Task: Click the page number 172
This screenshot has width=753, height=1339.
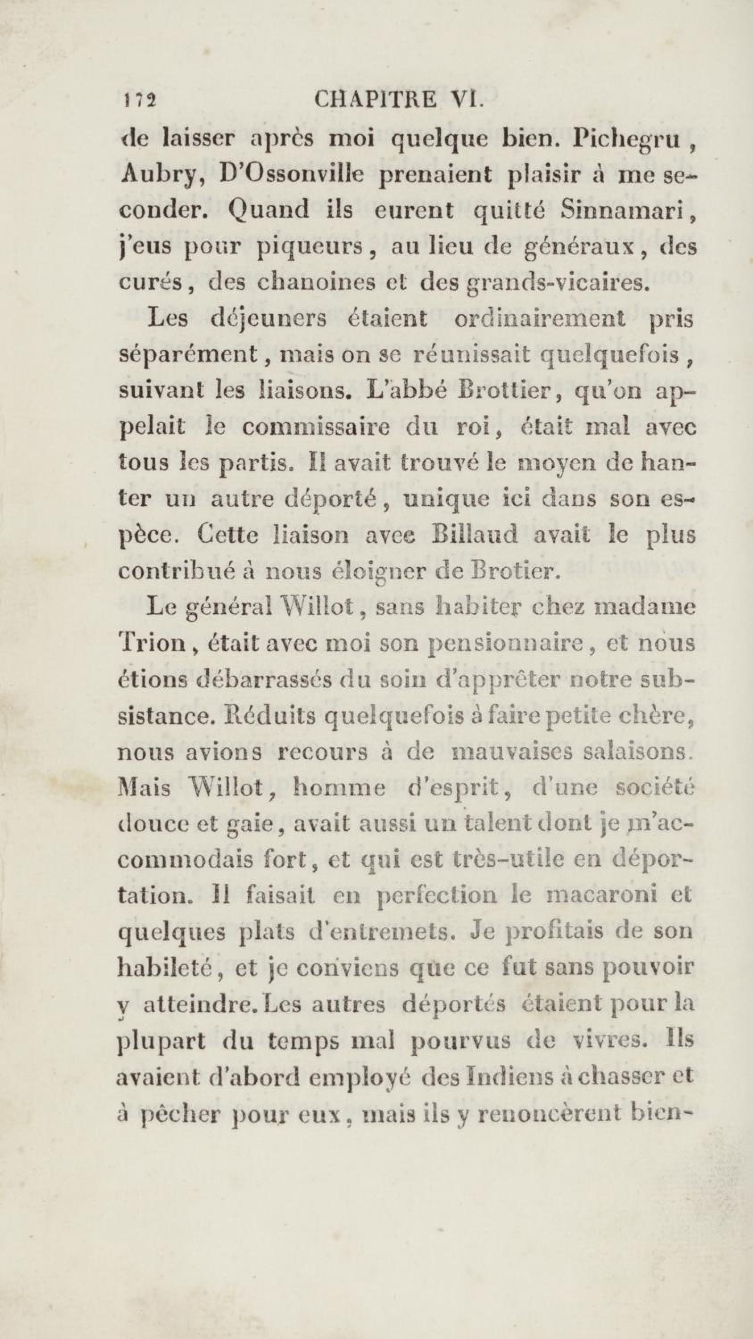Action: click(x=139, y=99)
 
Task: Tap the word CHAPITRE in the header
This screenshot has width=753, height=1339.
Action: click(x=376, y=98)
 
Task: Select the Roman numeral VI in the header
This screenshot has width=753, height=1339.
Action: click(x=467, y=98)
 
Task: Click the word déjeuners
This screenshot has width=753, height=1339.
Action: click(x=267, y=319)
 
